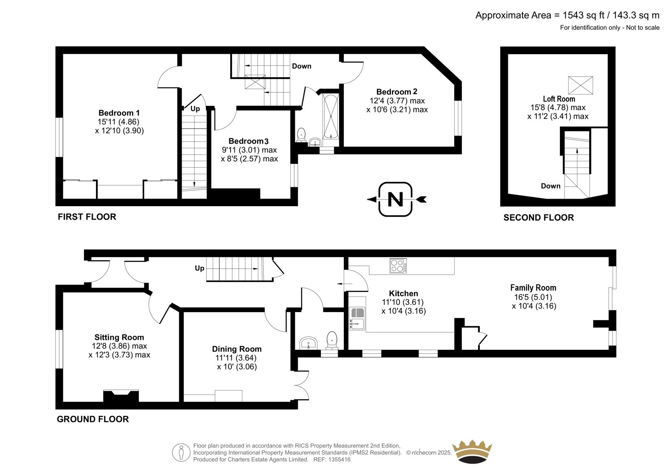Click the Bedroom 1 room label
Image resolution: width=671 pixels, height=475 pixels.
(x=119, y=113)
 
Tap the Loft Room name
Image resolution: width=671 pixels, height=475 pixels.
(x=559, y=99)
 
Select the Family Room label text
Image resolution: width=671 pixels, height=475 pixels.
(x=533, y=287)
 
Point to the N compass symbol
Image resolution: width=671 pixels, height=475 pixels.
(x=396, y=199)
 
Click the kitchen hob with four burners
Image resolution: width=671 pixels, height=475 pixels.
(x=398, y=265)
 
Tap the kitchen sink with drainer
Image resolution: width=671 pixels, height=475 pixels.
(x=357, y=318)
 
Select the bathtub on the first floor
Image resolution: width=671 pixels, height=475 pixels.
(x=331, y=117)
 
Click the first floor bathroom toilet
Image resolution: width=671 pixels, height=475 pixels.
(x=301, y=135)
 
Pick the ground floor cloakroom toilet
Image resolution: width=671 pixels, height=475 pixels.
(x=332, y=340)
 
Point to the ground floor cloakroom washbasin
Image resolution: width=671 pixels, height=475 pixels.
(x=309, y=343)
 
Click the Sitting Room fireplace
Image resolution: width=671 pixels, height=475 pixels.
(x=121, y=396)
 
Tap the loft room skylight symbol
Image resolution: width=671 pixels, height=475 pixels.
(x=580, y=85)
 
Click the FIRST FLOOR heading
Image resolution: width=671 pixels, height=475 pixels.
(x=87, y=217)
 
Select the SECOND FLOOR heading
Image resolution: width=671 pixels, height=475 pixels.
(x=538, y=218)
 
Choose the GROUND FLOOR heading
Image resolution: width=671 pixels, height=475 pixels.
(x=93, y=419)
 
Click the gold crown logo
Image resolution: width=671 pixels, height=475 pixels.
(x=472, y=451)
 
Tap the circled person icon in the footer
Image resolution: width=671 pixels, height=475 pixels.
(x=181, y=452)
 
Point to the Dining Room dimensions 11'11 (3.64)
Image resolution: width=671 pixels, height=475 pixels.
(x=236, y=358)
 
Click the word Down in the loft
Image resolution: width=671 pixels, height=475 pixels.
(x=551, y=186)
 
